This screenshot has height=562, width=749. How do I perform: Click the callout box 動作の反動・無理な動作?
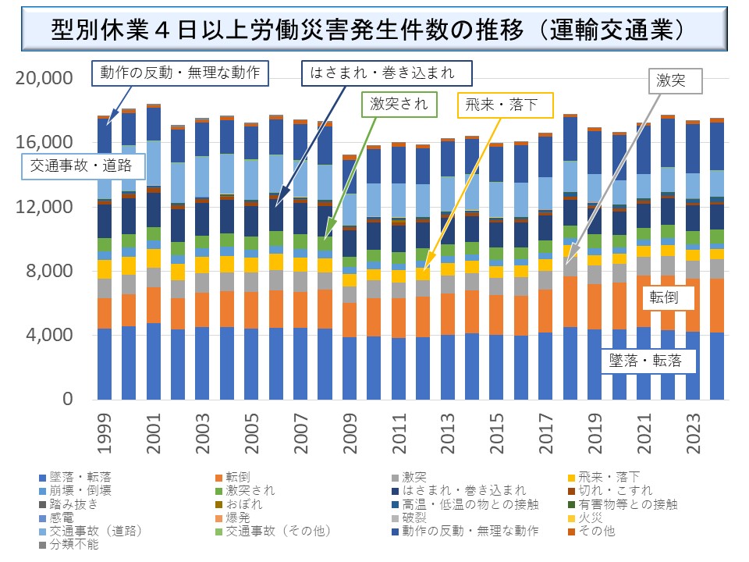[x=180, y=73]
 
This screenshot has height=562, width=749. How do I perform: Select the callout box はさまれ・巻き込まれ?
[x=388, y=73]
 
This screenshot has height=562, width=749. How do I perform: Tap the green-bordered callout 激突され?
[x=399, y=102]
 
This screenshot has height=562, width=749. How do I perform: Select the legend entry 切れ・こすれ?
[x=600, y=490]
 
